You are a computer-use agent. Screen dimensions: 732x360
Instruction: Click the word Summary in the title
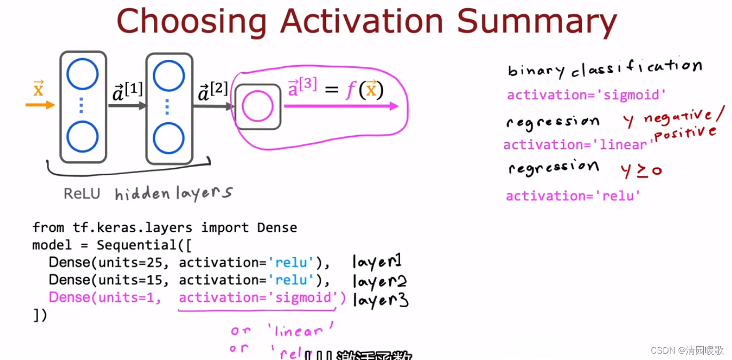(x=536, y=22)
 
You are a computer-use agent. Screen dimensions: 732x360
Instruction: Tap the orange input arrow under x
(x=40, y=105)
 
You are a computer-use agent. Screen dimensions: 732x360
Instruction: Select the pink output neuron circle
(x=258, y=106)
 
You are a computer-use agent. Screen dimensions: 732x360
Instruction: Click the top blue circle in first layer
(x=83, y=74)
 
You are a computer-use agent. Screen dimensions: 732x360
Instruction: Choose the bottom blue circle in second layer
(x=169, y=138)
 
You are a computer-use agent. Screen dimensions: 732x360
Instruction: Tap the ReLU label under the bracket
(x=82, y=193)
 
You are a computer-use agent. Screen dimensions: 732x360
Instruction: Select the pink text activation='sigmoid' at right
(x=587, y=95)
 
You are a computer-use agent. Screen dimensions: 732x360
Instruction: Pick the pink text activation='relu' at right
(x=573, y=196)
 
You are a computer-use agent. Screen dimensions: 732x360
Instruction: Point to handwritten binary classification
(x=604, y=68)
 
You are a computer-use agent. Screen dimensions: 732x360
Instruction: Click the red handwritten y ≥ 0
(x=641, y=170)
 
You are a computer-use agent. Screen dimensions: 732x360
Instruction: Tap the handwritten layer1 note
(x=377, y=262)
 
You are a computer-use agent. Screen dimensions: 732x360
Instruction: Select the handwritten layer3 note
(x=380, y=300)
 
